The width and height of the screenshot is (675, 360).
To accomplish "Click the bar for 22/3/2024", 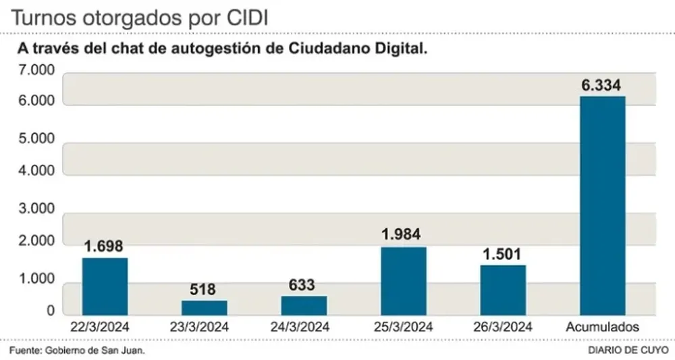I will [105, 286].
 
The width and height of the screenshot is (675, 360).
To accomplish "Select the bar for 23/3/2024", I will [204, 307].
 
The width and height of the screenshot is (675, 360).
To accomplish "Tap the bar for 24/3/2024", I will [304, 305].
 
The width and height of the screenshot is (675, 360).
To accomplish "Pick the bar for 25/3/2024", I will [404, 281].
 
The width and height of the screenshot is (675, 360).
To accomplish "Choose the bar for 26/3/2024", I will [503, 290].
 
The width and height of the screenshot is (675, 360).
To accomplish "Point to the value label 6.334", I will [602, 86].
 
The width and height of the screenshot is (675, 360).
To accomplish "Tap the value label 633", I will [302, 285].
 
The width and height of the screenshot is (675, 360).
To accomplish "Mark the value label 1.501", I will [502, 255].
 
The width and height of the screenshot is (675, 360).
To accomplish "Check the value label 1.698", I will [104, 247].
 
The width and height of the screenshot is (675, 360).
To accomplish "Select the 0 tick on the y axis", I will [51, 311].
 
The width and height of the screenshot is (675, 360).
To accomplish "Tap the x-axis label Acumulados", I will [602, 327].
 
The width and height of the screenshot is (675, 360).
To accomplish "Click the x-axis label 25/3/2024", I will [404, 327].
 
